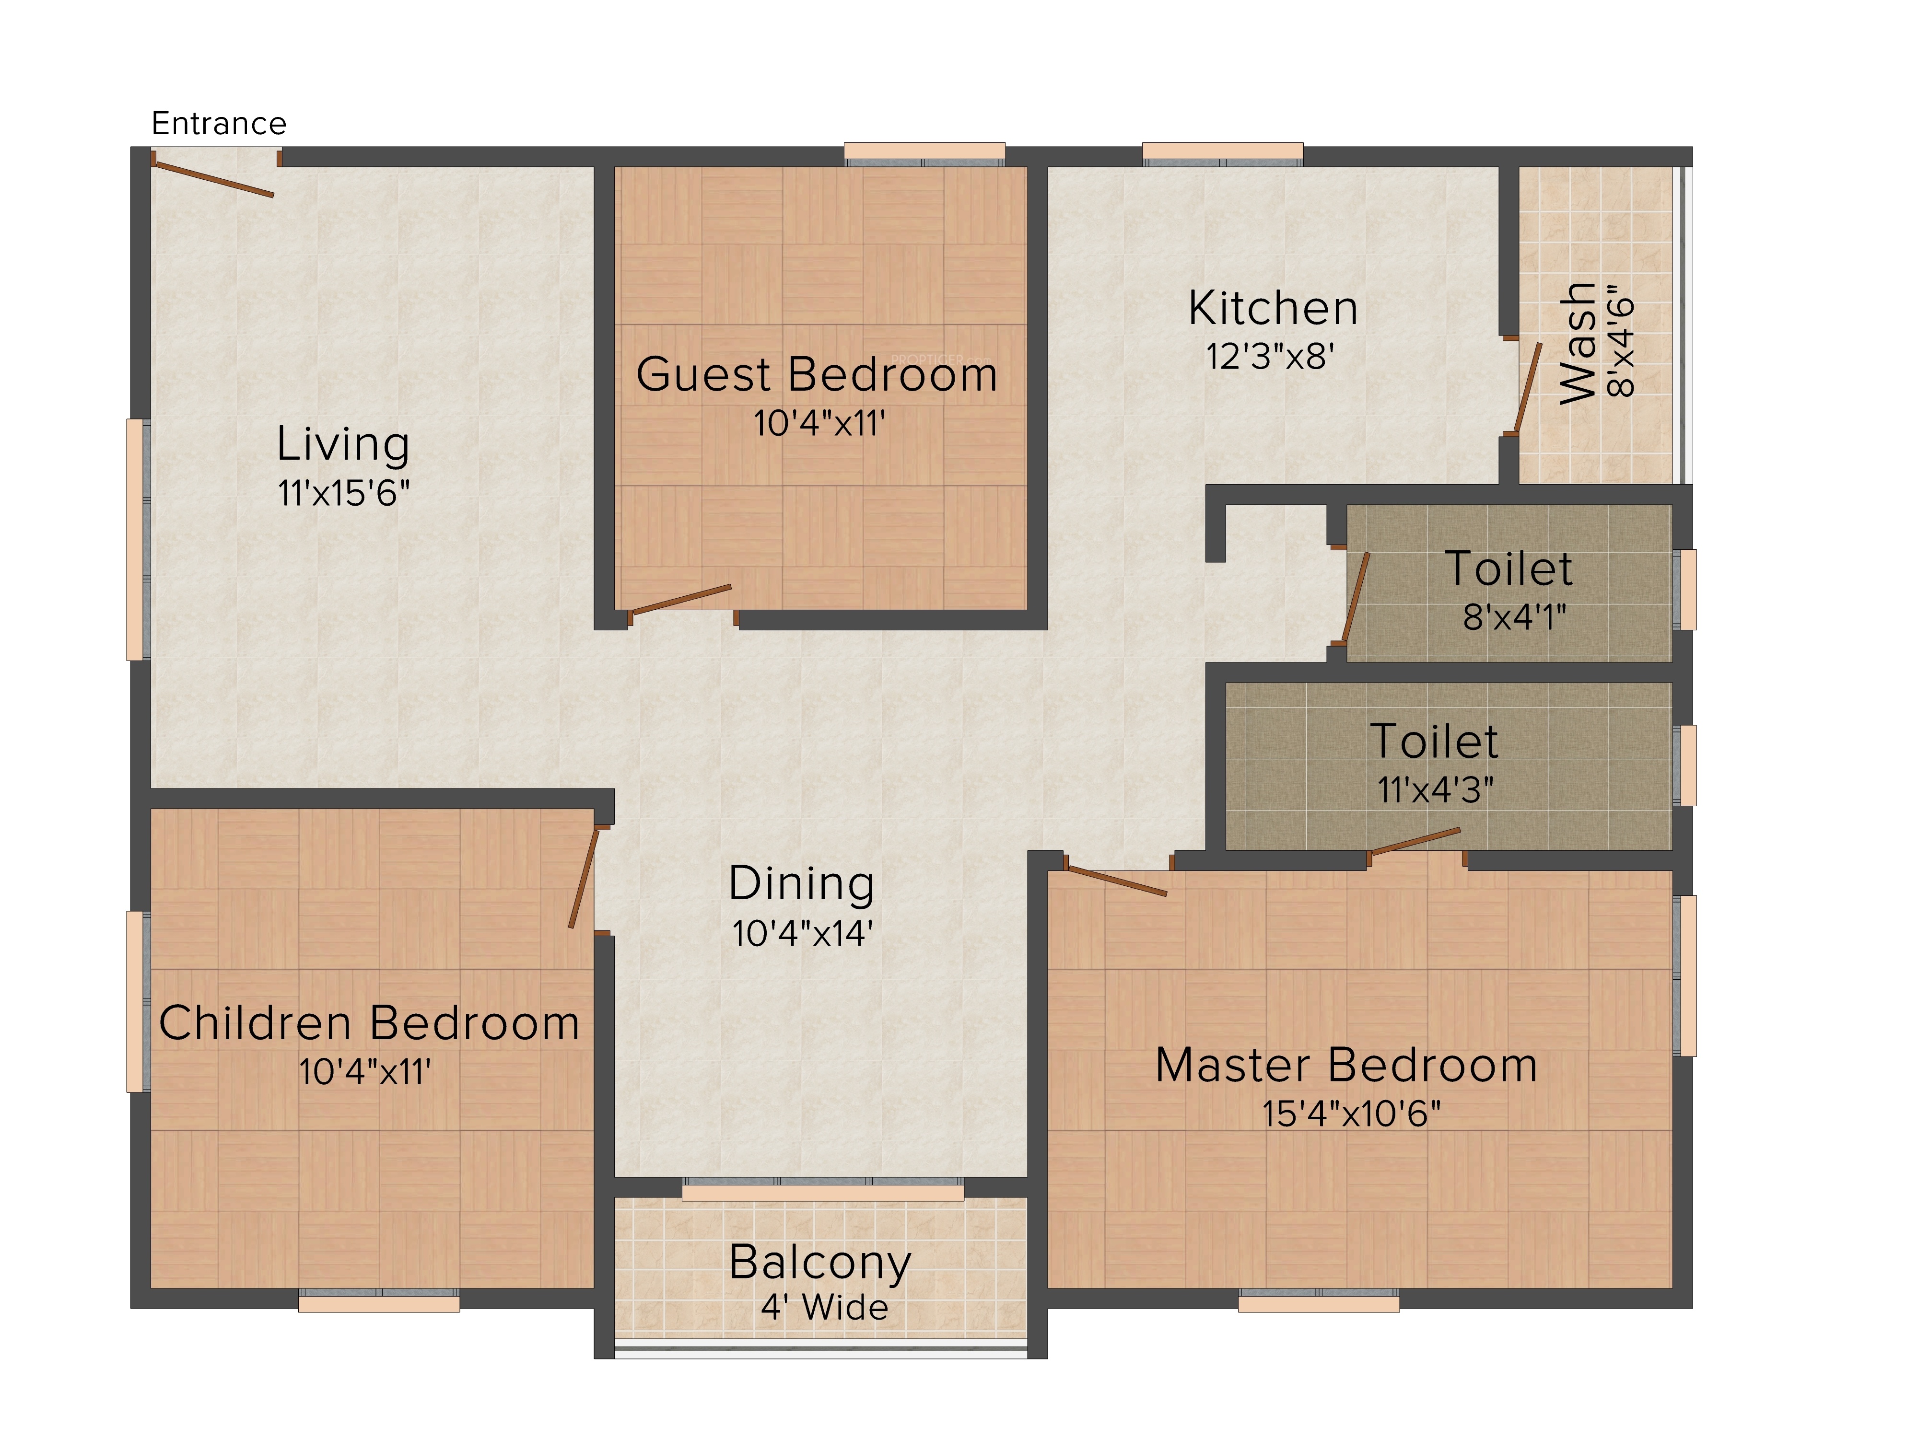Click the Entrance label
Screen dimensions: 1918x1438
click(219, 124)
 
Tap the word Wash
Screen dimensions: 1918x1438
click(1577, 343)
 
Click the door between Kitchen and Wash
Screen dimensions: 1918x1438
click(1528, 388)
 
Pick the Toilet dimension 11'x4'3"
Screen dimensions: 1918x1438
click(1436, 789)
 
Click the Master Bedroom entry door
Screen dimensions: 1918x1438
click(1116, 880)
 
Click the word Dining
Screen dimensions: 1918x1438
click(801, 883)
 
